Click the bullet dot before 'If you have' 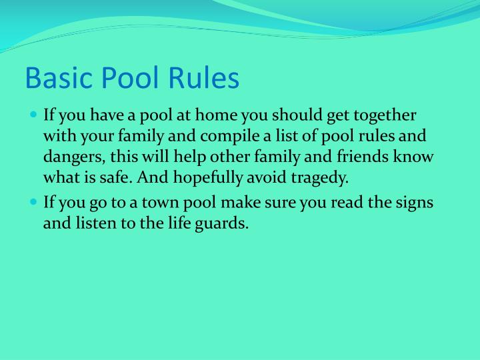[x=35, y=115]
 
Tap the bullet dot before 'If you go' [x=35, y=202]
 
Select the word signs [x=415, y=202]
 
